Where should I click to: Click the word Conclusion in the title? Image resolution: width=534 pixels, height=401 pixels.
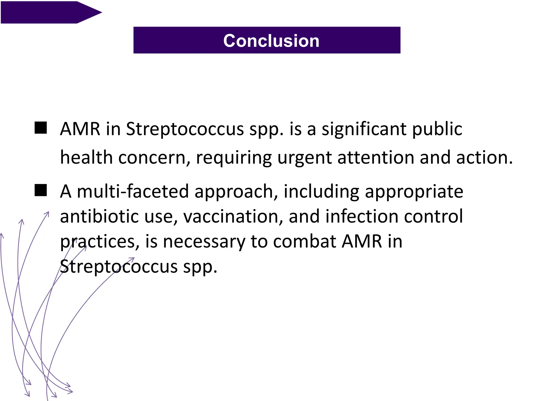click(271, 41)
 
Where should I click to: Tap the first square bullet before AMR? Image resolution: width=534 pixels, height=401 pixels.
click(41, 128)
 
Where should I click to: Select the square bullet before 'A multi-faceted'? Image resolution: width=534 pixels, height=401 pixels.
click(41, 190)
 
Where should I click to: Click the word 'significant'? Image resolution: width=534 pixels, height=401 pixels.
click(363, 129)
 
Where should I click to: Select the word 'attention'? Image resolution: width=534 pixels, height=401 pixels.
click(376, 158)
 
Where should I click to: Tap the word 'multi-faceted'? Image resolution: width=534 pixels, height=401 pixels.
click(133, 191)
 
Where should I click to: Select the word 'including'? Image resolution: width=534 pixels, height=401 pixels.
click(321, 192)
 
